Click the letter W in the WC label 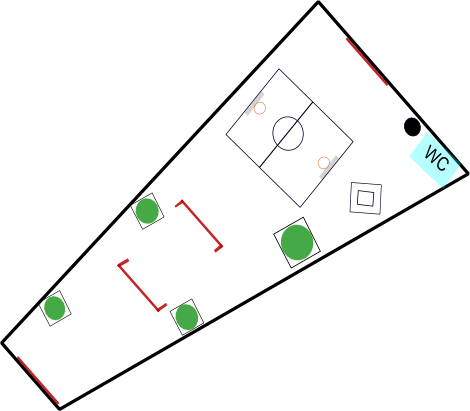point(432,154)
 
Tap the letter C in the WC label point(442,163)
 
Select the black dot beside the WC point(412,127)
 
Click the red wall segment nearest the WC point(367,62)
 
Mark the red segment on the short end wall point(38,380)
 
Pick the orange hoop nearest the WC point(324,163)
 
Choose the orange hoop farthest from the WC point(260,108)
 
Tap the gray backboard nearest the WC point(329,167)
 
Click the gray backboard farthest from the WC point(255,104)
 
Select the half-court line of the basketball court point(286,134)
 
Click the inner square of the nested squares point(366,198)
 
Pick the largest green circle point(297,242)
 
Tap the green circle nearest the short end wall point(55,308)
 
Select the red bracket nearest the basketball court point(199,226)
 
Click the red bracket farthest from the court point(142,285)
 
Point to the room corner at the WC point(468,174)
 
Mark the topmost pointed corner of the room point(318,3)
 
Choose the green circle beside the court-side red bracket point(147,211)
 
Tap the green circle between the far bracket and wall point(187,317)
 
